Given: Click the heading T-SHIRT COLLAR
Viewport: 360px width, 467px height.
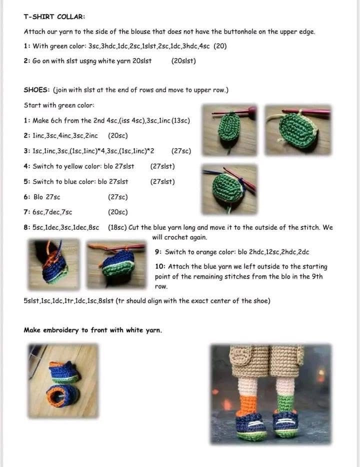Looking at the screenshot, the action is pos(54,16).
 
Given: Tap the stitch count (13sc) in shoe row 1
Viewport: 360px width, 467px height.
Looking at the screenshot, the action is pos(180,120).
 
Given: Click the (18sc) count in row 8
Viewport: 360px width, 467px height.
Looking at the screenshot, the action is pos(117,227).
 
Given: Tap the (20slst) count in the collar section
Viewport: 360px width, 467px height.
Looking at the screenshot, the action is pos(183,61).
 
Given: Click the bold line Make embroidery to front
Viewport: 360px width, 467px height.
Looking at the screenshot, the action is pos(93,330).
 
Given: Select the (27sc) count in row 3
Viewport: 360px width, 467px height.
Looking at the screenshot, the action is pos(181,151).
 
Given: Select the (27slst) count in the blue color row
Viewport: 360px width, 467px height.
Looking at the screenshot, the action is pos(162,181).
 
